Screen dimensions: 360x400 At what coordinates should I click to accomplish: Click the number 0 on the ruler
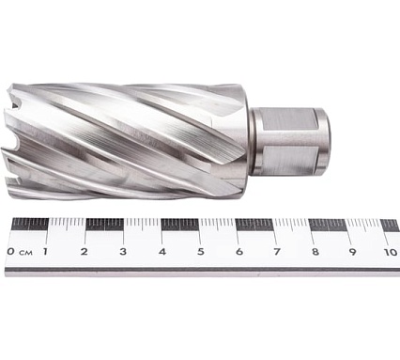pos(10,252)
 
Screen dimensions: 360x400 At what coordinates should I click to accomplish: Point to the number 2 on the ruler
pos(84,252)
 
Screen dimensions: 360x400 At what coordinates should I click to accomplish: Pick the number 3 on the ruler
pos(123,252)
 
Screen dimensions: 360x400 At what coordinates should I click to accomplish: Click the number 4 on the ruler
pos(162,252)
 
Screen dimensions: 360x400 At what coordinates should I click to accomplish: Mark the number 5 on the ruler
pos(200,252)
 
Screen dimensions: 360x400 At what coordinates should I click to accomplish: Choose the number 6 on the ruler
pos(238,252)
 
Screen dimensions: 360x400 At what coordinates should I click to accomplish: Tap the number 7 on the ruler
pos(276,252)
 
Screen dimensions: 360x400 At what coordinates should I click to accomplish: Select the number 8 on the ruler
pos(315,252)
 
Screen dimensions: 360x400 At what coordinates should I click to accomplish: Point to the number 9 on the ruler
pos(352,252)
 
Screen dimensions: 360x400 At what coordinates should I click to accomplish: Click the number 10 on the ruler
pos(389,252)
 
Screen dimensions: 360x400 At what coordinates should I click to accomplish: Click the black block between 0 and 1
pos(30,225)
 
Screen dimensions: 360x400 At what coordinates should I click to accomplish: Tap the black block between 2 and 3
pos(104,225)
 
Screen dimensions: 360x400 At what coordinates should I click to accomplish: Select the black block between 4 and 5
pos(179,225)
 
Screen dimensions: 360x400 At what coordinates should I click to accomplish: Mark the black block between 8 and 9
pos(328,225)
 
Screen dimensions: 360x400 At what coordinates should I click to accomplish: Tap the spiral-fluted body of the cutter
pos(131,141)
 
